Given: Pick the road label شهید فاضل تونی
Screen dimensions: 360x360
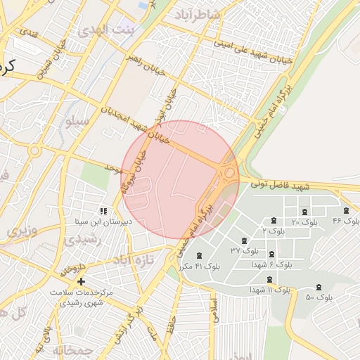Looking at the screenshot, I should tap(280, 186).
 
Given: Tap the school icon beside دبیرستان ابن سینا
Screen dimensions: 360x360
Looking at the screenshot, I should tap(103, 210).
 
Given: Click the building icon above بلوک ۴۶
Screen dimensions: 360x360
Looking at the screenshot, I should tap(346, 210).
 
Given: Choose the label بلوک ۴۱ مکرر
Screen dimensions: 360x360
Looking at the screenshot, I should tap(195, 266).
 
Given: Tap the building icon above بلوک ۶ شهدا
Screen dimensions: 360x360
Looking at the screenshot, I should tap(271, 255).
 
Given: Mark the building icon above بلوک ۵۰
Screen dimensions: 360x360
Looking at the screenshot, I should tap(319, 287).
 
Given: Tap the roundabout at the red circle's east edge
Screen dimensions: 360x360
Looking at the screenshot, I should tap(228, 172).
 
